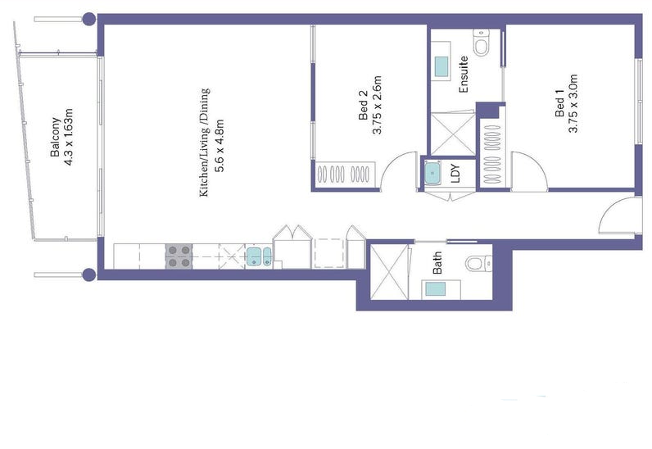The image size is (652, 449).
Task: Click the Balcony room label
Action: pos(55,137)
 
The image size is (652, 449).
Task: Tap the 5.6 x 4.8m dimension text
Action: pos(220,146)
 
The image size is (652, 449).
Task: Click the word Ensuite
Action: pos(463,74)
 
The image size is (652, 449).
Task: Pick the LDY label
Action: pos(455,174)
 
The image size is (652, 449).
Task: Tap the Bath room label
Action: pos(437,263)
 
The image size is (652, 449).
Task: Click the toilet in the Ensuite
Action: pos(482,43)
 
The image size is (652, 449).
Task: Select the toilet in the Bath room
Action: pos(478,263)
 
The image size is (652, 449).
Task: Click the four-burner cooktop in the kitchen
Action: pos(179,256)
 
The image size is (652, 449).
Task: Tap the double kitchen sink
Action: pos(259,256)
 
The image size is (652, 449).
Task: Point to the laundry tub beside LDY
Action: pos(432,173)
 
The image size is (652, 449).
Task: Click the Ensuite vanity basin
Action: pos(441,66)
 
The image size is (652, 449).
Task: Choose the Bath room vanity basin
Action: pos(435,288)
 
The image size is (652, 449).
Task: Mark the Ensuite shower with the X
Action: pos(452,134)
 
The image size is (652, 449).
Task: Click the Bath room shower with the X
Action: pos(389,272)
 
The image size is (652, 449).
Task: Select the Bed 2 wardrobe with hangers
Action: pos(345,175)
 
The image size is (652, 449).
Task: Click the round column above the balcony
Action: pos(89,19)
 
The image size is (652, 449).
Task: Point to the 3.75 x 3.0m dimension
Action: pos(573,103)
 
